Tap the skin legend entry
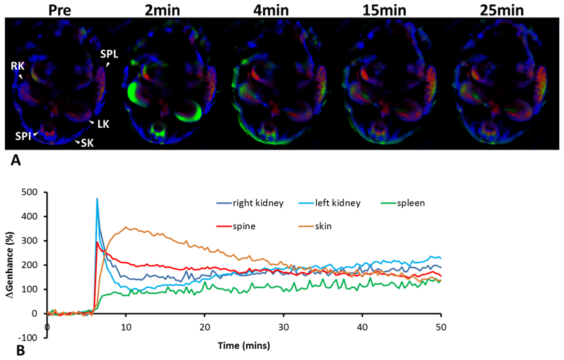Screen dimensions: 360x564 (x=325, y=227)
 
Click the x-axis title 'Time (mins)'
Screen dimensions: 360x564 (x=244, y=346)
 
